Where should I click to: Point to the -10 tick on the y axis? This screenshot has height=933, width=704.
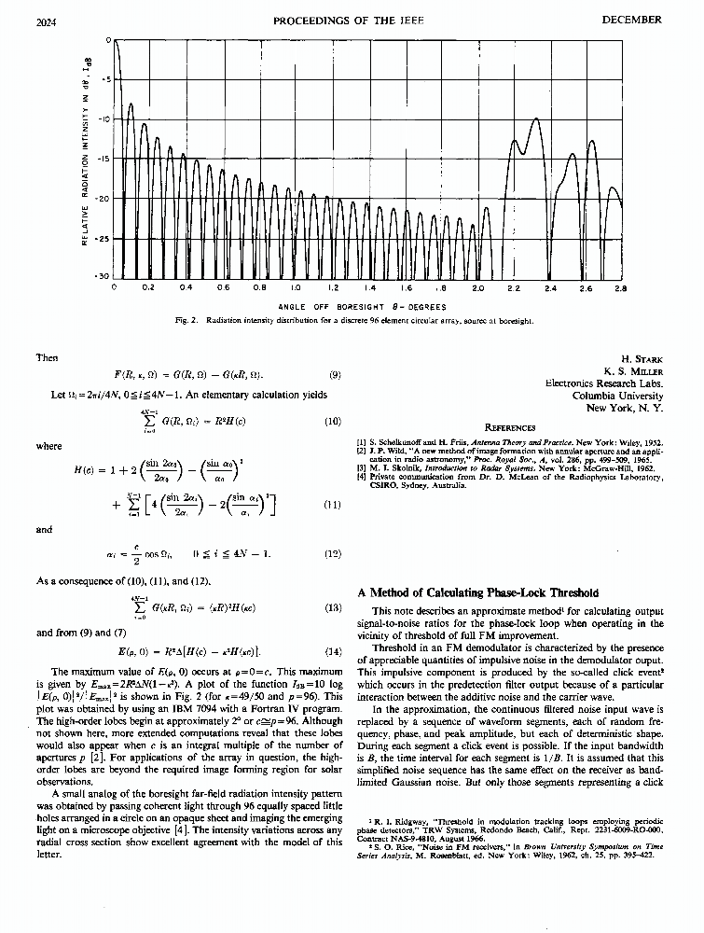(x=105, y=119)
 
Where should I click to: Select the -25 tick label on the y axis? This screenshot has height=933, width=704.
(x=105, y=239)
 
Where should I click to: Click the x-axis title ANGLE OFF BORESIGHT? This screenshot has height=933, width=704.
(x=363, y=306)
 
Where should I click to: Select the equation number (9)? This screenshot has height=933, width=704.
(x=336, y=375)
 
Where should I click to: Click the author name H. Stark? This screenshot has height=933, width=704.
(x=641, y=357)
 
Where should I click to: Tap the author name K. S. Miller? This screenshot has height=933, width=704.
(x=633, y=369)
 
